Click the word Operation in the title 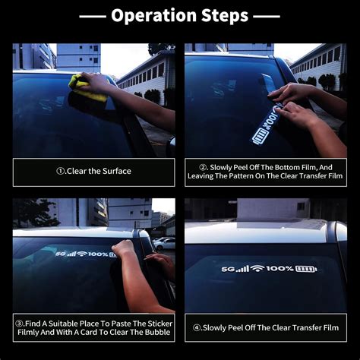[x=154, y=16]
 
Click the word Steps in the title [x=225, y=16]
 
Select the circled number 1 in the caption [x=60, y=171]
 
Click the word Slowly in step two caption [x=220, y=167]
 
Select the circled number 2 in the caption [x=203, y=167]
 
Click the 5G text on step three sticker [x=60, y=254]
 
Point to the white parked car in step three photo [x=165, y=244]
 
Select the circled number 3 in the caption [x=20, y=324]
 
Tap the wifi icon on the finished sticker [x=257, y=268]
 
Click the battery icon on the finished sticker [x=306, y=269]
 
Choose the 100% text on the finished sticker [x=279, y=268]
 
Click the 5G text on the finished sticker [x=228, y=269]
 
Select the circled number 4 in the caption [x=197, y=328]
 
